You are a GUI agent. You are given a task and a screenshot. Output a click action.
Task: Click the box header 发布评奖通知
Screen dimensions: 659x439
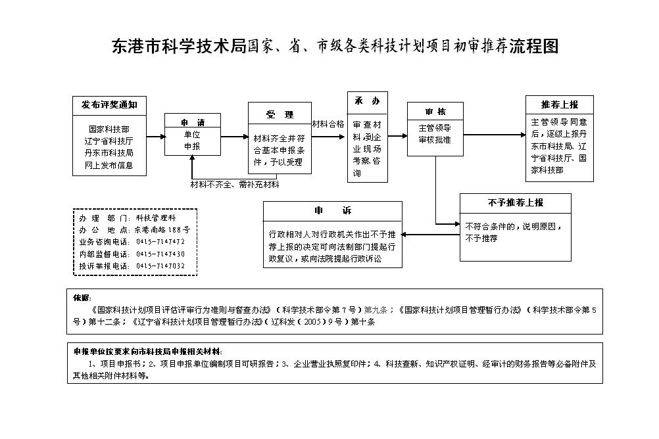[x=109, y=104]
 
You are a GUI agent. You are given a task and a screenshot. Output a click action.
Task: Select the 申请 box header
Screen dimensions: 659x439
[x=193, y=123]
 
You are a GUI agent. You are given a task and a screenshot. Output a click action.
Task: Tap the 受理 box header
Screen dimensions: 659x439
[x=280, y=115]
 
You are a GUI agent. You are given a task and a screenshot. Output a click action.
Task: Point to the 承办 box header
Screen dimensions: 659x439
[x=368, y=101]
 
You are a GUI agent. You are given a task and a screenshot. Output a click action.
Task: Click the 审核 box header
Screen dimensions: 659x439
[x=435, y=112]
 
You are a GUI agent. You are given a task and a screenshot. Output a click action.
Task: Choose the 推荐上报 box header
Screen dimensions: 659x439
[x=560, y=104]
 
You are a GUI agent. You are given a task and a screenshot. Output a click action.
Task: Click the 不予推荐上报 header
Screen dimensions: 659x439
[x=515, y=203]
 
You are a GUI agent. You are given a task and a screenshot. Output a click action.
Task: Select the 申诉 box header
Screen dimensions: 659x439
[x=332, y=210]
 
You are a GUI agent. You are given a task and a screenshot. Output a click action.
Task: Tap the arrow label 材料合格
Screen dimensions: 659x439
[x=328, y=124]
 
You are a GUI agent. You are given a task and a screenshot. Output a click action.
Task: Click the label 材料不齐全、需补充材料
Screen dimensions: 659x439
[x=235, y=185]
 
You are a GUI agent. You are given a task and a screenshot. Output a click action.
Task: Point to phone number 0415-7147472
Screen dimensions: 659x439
[x=160, y=242]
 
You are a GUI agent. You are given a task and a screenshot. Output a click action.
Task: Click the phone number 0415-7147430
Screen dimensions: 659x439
[x=160, y=254]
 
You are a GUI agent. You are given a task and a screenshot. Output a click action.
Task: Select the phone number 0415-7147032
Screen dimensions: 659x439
[x=160, y=266]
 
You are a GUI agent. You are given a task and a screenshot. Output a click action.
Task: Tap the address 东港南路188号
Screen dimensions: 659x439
[x=162, y=230]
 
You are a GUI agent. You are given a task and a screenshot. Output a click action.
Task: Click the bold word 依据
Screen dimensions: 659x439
[x=82, y=298]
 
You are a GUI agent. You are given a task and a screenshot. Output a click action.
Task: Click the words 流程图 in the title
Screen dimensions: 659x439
[x=534, y=46]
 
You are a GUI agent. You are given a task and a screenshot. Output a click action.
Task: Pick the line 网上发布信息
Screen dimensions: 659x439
[x=109, y=166]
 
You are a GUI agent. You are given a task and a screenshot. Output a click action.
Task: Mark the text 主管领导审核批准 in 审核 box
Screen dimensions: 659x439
[x=435, y=134]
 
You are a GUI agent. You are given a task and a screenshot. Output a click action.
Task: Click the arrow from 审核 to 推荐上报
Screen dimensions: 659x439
[x=495, y=135]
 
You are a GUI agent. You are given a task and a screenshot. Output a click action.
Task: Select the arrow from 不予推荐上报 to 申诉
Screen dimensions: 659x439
[x=431, y=235]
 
